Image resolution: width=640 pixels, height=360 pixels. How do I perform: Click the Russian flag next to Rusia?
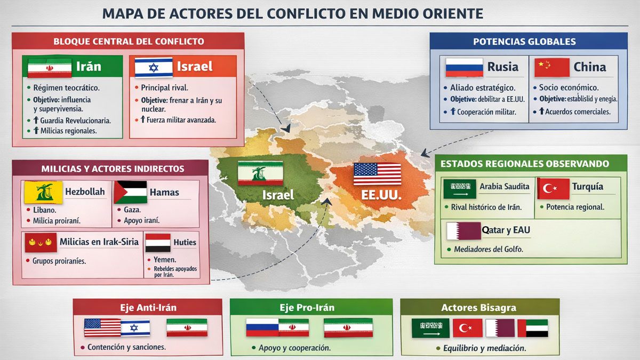pos(464,68)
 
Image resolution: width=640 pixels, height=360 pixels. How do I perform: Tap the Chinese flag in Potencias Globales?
pos(552,68)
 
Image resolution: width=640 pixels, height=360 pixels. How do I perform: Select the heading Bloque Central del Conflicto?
pos(129,41)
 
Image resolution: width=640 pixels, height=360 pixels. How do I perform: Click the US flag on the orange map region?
pos(377,174)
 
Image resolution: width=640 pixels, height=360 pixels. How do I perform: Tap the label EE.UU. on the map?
pos(381,195)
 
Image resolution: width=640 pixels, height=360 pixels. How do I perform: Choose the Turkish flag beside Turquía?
pos(553,188)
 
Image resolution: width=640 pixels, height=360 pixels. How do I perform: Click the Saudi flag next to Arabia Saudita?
pos(459,189)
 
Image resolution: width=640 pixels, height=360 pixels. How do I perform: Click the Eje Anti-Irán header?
pos(148,307)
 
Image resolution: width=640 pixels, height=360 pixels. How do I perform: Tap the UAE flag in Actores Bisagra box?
pos(537,328)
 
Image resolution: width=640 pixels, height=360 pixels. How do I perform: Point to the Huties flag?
pos(158,243)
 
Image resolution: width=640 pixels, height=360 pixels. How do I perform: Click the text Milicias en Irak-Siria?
pos(99,242)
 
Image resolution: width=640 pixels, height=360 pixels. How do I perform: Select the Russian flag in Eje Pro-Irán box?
pos(262,327)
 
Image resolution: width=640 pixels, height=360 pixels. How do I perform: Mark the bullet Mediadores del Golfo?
pos(488,249)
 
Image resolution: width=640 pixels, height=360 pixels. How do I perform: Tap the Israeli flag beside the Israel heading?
pos(154,68)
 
